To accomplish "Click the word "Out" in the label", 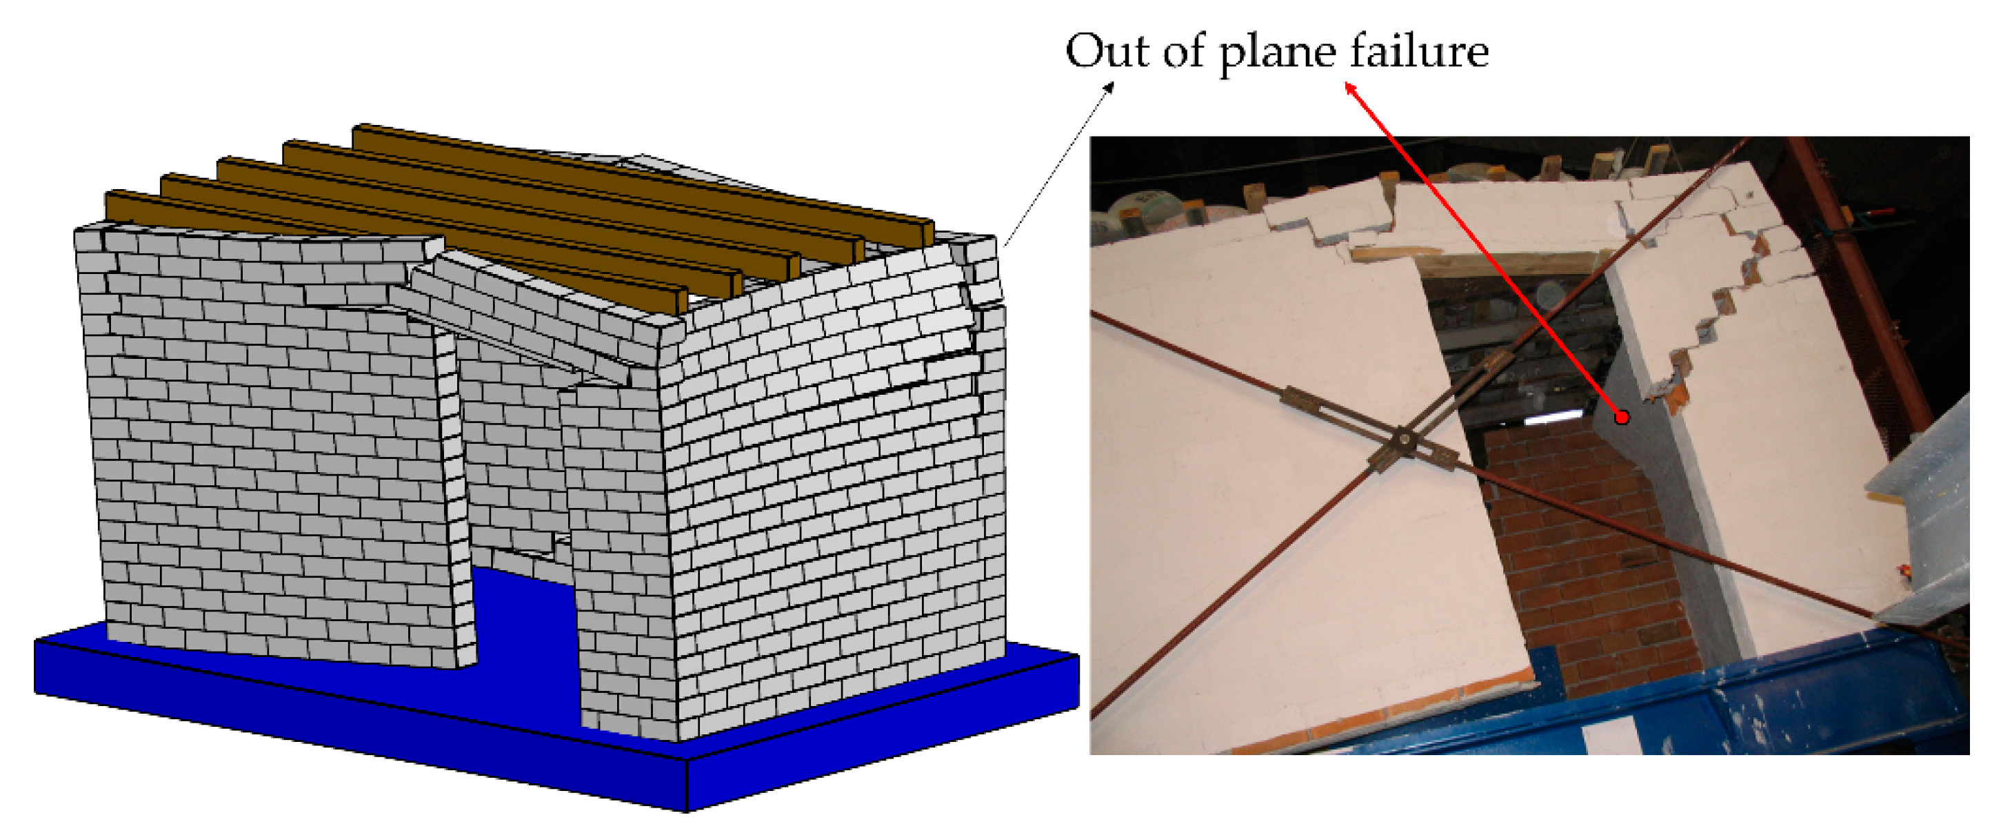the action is (1107, 51).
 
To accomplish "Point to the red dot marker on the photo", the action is (1621, 418).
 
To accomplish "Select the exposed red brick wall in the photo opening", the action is (1585, 560).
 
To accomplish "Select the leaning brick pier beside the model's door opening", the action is (454, 498).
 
